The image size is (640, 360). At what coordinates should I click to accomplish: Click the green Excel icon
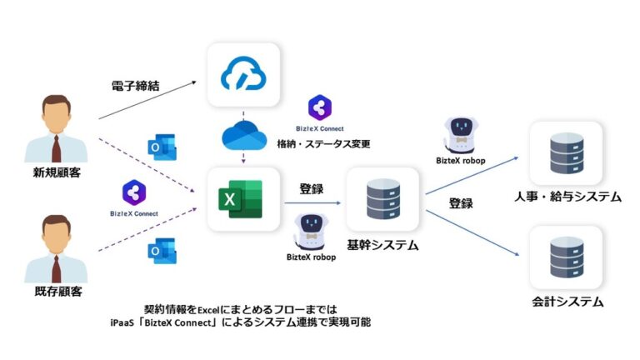coord(240,199)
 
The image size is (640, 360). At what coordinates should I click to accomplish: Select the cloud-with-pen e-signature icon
coord(243,76)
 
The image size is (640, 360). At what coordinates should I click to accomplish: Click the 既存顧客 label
coord(57,293)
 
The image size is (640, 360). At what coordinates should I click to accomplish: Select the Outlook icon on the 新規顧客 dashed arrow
coord(158,147)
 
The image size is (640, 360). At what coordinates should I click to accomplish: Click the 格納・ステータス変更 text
coord(323,143)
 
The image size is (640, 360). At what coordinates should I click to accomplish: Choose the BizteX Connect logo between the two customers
coord(133,193)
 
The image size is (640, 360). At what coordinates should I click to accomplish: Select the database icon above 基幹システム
coord(382,200)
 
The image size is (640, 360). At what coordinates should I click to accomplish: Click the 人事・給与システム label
coord(567,197)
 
